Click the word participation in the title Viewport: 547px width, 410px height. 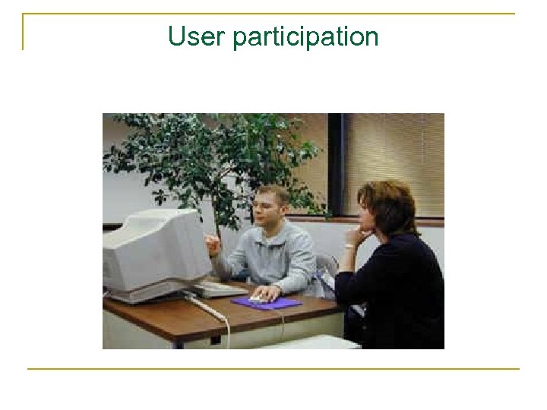305,36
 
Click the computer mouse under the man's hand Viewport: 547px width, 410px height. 261,298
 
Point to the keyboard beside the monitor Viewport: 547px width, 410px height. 220,289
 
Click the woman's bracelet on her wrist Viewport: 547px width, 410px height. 349,246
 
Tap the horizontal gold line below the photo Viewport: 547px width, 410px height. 273,369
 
